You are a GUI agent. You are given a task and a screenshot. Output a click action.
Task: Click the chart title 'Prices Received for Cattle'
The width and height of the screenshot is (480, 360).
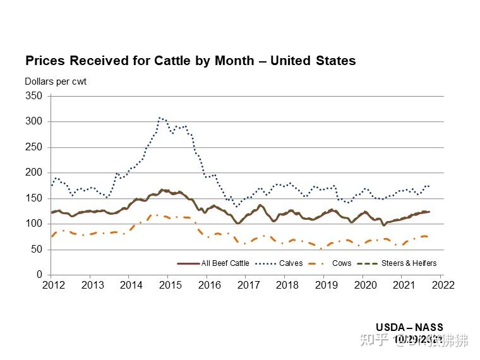pos(190,61)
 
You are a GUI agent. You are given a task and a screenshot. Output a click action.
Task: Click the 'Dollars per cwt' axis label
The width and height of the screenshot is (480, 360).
pos(56,81)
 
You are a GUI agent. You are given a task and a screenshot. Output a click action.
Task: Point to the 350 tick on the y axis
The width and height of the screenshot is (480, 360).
pos(34,96)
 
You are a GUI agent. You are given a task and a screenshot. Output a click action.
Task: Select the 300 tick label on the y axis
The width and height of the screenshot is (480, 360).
pos(34,121)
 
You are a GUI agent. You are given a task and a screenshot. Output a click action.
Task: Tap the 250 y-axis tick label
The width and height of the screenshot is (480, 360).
pos(34,147)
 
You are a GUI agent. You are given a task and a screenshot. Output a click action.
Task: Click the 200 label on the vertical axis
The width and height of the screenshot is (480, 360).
pos(34,172)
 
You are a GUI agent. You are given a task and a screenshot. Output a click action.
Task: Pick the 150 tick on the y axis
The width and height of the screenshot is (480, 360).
pos(34,198)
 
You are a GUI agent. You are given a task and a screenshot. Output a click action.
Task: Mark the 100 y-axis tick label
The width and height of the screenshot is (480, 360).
pos(34,224)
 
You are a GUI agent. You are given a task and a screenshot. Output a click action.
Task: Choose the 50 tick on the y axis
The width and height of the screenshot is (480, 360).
pos(37,249)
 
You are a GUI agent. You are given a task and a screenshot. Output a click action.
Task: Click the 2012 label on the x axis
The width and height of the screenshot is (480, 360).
pos(53,285)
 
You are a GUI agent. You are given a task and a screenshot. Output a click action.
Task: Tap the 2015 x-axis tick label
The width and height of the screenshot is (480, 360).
pos(171,285)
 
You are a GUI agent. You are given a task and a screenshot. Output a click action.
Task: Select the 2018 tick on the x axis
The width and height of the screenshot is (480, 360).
pos(287,285)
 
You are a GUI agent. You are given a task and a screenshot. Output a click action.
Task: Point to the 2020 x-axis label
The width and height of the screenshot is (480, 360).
pos(366,285)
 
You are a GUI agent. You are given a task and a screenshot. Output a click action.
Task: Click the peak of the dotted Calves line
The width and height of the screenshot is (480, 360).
pos(160,117)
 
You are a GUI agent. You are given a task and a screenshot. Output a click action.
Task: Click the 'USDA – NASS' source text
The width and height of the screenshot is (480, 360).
pos(409,328)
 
